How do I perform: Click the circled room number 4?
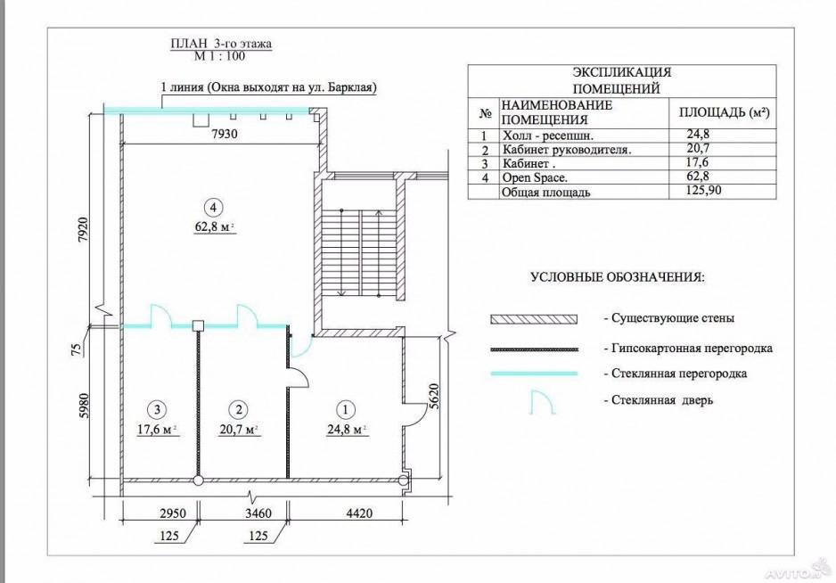pos(214,207)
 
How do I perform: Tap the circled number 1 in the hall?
pos(346,410)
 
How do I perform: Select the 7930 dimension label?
pos(225,134)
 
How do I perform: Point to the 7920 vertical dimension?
pos(82,230)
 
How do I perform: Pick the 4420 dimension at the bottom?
pos(359,513)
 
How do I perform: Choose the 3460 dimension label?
pos(258,513)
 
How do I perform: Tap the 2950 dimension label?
pos(173,513)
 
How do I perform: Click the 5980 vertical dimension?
pos(82,407)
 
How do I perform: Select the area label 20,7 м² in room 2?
pos(239,430)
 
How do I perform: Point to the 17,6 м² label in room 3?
pos(157,430)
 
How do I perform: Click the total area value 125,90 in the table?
pos(704,190)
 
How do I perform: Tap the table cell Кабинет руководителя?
pos(567,150)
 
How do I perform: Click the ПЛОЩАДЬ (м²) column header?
pos(724,112)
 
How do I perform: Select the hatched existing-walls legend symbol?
pos(534,319)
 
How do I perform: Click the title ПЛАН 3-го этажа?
pos(221,44)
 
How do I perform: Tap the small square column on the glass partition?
pos(199,324)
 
